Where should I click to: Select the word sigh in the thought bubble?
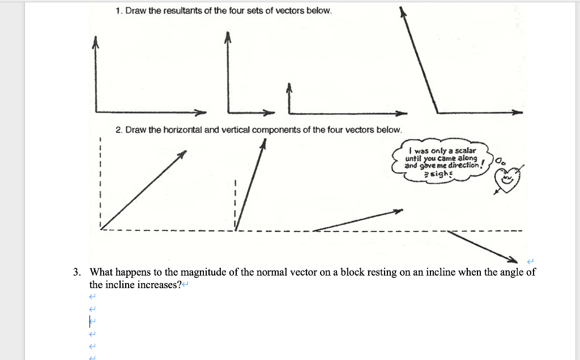(x=440, y=174)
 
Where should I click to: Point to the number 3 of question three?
(x=76, y=272)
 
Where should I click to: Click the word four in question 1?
(x=231, y=11)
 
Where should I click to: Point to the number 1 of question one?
(x=117, y=11)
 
